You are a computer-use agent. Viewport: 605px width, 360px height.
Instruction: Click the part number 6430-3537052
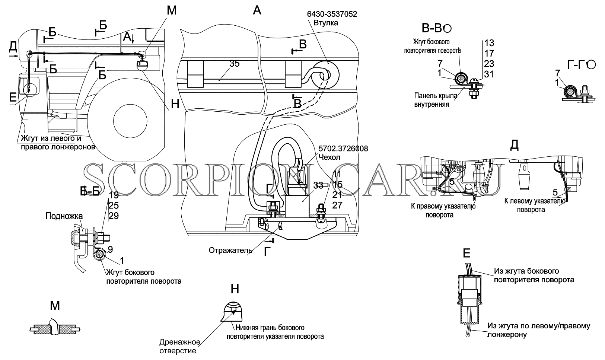(x=332, y=14)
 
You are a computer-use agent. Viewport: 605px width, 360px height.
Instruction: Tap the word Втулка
(x=326, y=23)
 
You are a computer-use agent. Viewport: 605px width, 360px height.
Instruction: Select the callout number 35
(x=235, y=64)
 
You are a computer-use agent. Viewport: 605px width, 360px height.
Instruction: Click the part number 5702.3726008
(x=343, y=149)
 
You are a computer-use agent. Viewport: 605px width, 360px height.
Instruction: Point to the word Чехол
(x=329, y=157)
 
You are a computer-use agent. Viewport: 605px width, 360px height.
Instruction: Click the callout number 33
(x=318, y=185)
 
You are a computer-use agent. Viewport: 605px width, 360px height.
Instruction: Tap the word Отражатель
(x=230, y=251)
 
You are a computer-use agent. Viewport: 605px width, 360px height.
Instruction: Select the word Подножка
(x=64, y=216)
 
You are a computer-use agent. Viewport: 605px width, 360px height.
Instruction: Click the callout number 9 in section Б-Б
(x=110, y=249)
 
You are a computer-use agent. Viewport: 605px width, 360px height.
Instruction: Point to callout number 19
(x=114, y=195)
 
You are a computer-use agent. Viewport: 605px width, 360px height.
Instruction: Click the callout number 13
(x=489, y=43)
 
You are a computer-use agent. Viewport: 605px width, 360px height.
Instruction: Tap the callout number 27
(x=337, y=205)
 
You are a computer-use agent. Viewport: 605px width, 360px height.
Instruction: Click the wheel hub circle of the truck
(x=130, y=121)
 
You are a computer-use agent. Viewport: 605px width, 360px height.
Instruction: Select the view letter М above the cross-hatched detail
(x=55, y=306)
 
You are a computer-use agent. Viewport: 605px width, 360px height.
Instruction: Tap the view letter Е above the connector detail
(x=467, y=254)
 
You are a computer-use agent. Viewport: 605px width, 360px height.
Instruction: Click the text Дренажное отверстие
(x=180, y=347)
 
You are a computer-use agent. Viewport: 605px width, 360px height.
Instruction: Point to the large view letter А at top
(x=257, y=10)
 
